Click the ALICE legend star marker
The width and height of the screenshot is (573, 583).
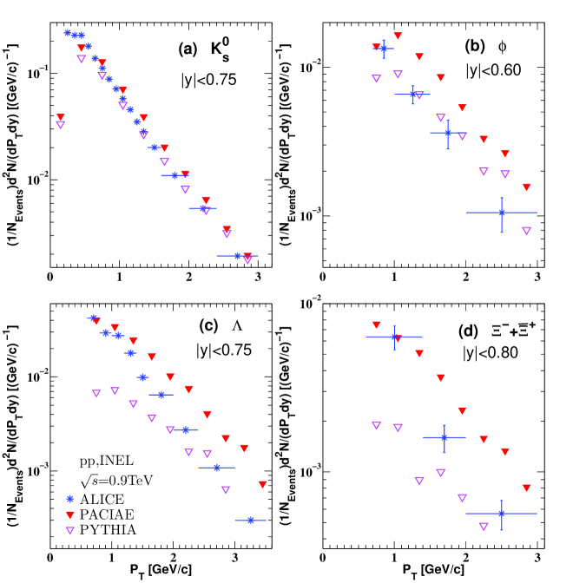(x=69, y=499)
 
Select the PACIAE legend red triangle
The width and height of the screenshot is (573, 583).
(x=69, y=513)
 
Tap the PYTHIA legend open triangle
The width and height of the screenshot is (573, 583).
(x=69, y=527)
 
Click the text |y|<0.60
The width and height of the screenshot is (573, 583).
(x=492, y=70)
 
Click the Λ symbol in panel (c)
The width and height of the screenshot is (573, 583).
(x=238, y=326)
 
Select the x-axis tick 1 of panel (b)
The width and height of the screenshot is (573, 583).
(x=394, y=278)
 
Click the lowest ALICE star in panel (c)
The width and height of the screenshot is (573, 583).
(x=251, y=520)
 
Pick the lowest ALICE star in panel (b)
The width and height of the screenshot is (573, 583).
(x=502, y=213)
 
